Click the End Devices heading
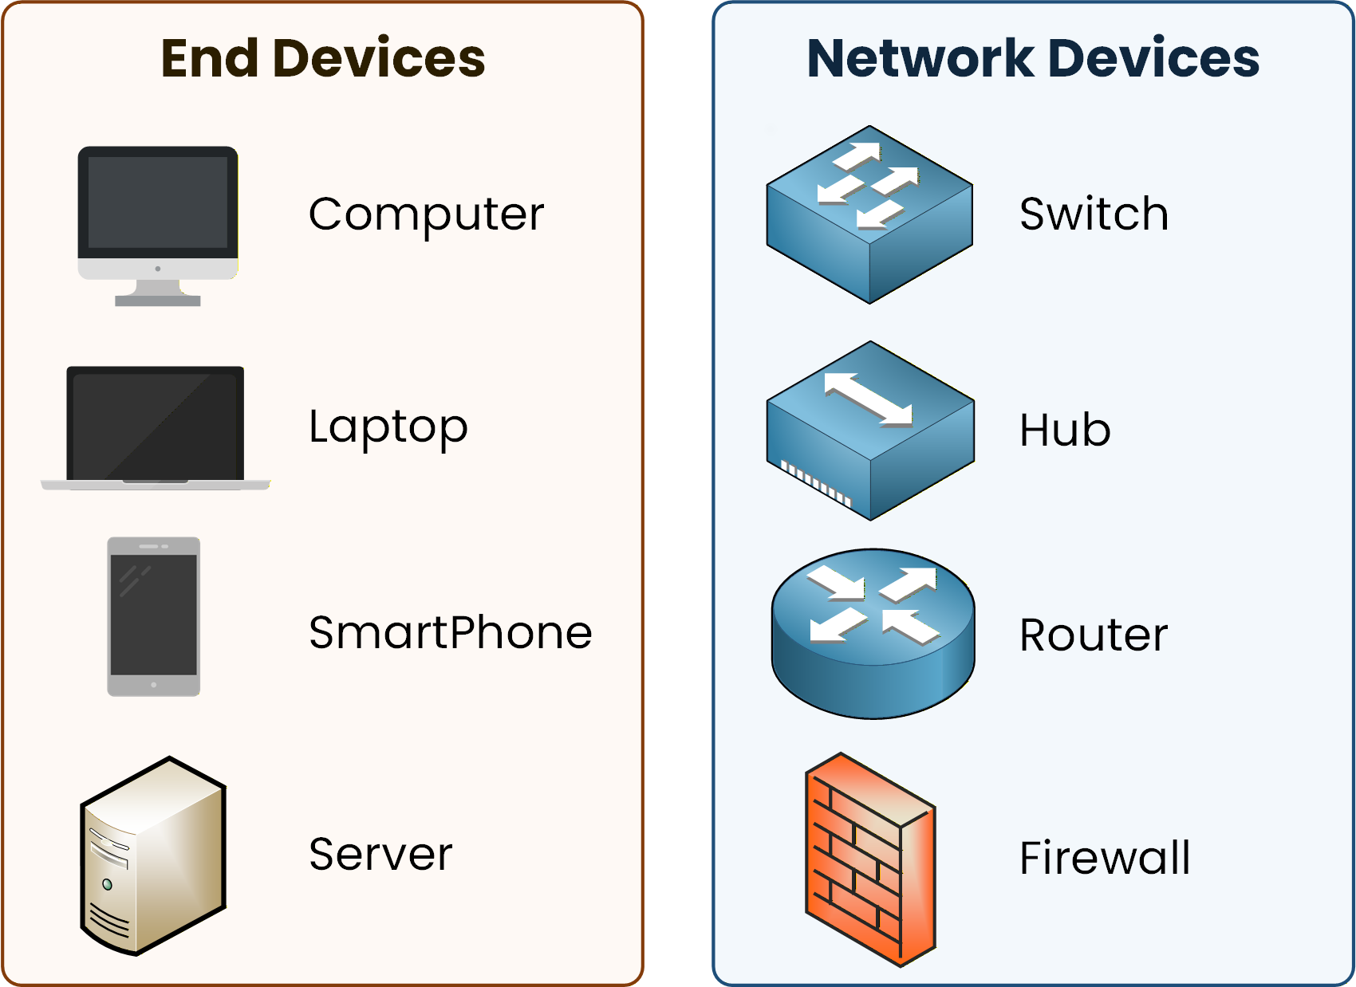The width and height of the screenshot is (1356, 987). [322, 58]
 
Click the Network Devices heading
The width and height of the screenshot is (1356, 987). [1032, 58]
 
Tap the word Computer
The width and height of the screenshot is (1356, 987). [426, 214]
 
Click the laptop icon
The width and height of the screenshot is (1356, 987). [156, 427]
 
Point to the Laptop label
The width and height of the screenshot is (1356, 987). [388, 427]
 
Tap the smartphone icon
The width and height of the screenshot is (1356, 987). [154, 615]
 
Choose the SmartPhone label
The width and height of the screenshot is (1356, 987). [450, 633]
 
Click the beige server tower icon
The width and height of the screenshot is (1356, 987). [153, 855]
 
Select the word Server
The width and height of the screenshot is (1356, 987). [380, 855]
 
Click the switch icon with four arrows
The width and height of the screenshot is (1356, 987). [869, 214]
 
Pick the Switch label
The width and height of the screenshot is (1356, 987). [1094, 214]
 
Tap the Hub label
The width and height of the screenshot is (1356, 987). [1065, 431]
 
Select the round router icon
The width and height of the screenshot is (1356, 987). [873, 634]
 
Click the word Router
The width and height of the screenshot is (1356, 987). [1094, 635]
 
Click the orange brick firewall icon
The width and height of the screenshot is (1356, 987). [869, 859]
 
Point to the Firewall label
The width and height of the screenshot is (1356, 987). [1105, 858]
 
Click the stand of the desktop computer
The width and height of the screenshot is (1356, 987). [158, 294]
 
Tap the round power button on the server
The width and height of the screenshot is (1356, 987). [108, 884]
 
